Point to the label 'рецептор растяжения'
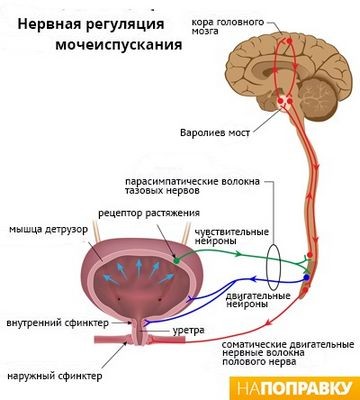click(141, 214)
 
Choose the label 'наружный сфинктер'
click(57, 377)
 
